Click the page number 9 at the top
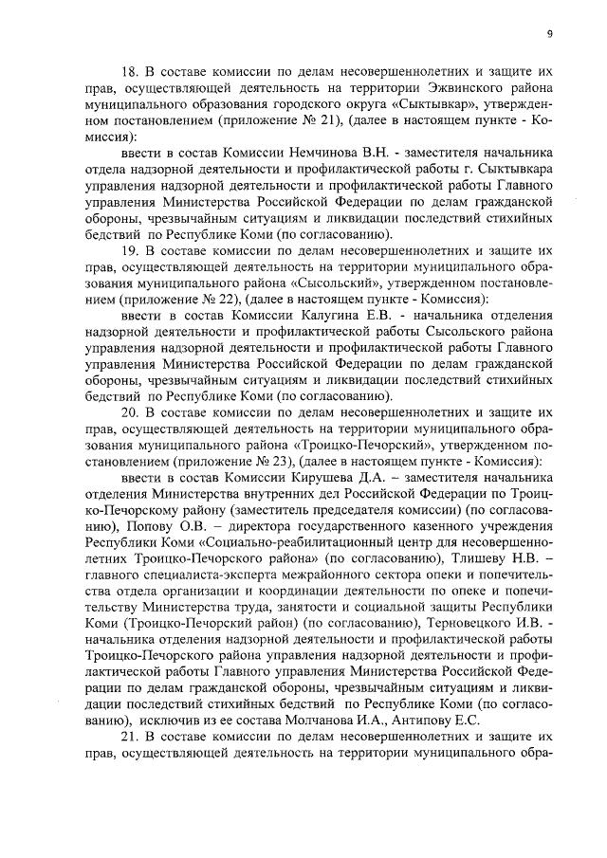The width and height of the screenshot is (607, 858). (x=549, y=34)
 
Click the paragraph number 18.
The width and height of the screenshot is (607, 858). (x=132, y=71)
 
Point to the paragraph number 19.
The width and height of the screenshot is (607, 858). (x=132, y=251)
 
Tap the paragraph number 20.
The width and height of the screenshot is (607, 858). (x=132, y=413)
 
